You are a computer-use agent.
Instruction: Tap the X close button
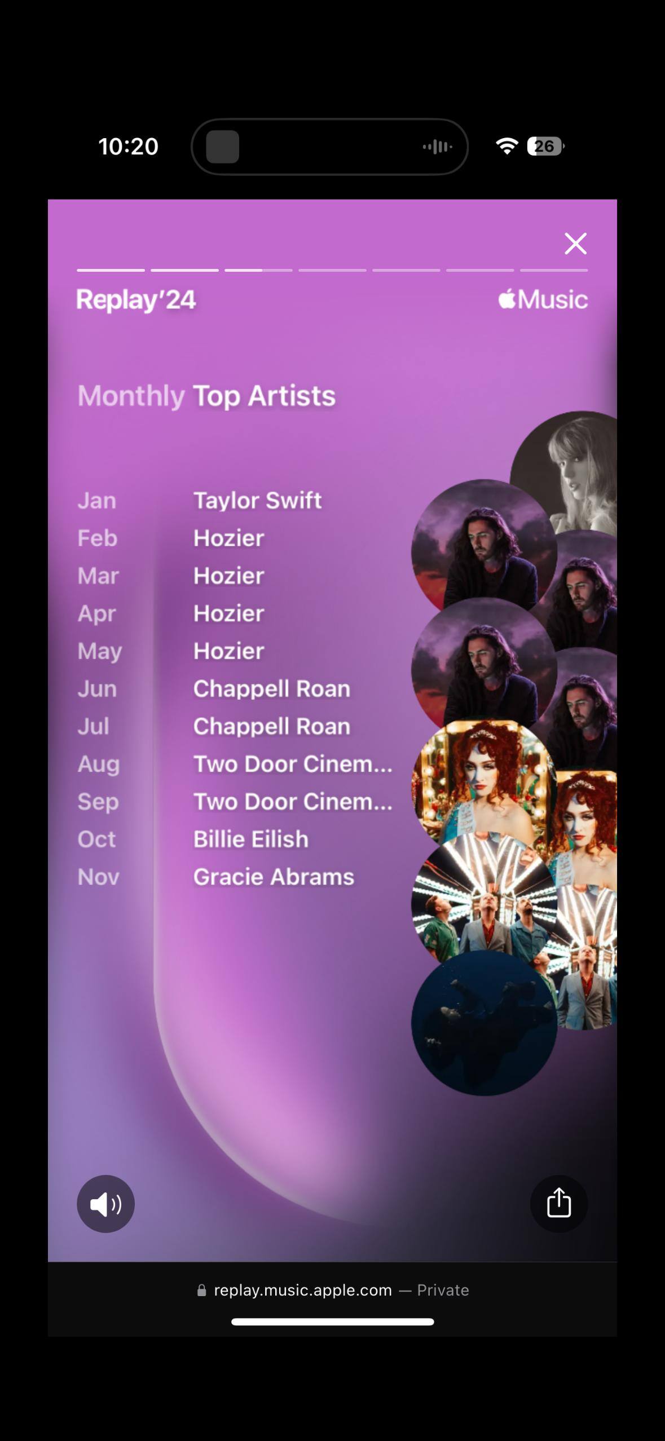tap(575, 244)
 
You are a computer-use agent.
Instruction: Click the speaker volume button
tap(105, 1204)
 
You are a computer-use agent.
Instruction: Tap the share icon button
tap(558, 1204)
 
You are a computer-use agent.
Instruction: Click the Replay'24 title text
tap(136, 300)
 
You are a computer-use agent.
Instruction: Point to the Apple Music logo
tap(543, 299)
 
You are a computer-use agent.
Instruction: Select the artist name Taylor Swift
tap(257, 500)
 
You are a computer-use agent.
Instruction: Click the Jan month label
tap(97, 501)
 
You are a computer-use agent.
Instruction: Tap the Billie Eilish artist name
tap(251, 839)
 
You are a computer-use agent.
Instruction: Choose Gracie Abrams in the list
tap(274, 877)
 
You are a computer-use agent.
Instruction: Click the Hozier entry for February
tap(228, 538)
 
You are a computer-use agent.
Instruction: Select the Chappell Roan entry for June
tap(272, 688)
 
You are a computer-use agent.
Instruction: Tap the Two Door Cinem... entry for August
tap(293, 764)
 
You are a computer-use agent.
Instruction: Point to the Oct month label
tap(96, 839)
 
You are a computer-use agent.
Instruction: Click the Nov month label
tap(99, 877)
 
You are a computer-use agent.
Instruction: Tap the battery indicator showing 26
tap(545, 146)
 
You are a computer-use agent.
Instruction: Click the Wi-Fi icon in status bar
tap(507, 146)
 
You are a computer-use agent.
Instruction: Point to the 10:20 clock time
tap(128, 146)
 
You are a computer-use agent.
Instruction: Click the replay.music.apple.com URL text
tap(303, 1290)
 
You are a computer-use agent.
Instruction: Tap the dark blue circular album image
tap(484, 1023)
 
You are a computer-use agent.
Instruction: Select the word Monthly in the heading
tap(131, 396)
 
